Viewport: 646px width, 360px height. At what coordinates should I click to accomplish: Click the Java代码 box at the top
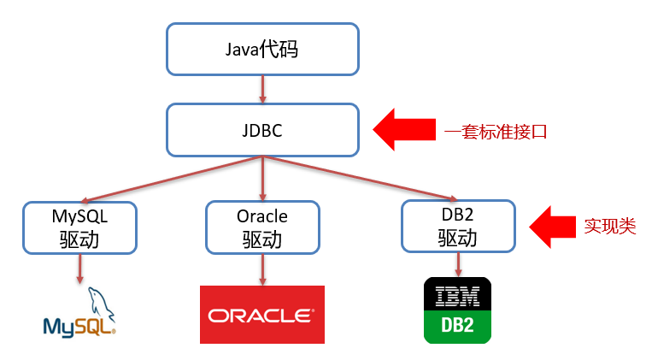pyautogui.click(x=261, y=49)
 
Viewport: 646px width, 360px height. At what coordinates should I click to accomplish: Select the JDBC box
pyautogui.click(x=261, y=131)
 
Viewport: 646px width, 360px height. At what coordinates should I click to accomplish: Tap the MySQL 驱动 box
pyautogui.click(x=79, y=227)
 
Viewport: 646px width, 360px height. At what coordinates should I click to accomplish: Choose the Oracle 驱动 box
pyautogui.click(x=262, y=227)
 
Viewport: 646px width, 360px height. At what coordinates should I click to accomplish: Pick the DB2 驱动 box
pyautogui.click(x=458, y=226)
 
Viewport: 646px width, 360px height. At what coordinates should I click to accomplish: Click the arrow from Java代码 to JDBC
pyautogui.click(x=261, y=89)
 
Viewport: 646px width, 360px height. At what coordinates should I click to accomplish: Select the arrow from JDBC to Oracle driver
pyautogui.click(x=261, y=178)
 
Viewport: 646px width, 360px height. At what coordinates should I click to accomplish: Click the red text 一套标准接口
pyautogui.click(x=496, y=132)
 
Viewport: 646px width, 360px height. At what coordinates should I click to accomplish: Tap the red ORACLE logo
pyautogui.click(x=262, y=315)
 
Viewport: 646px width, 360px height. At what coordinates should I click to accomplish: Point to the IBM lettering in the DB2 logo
pyautogui.click(x=458, y=295)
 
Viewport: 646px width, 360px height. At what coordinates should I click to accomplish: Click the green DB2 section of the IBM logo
pyautogui.click(x=458, y=327)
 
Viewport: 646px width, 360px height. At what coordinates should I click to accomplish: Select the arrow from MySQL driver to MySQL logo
pyautogui.click(x=79, y=269)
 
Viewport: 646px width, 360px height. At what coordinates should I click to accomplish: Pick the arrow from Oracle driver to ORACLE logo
pyautogui.click(x=262, y=269)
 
